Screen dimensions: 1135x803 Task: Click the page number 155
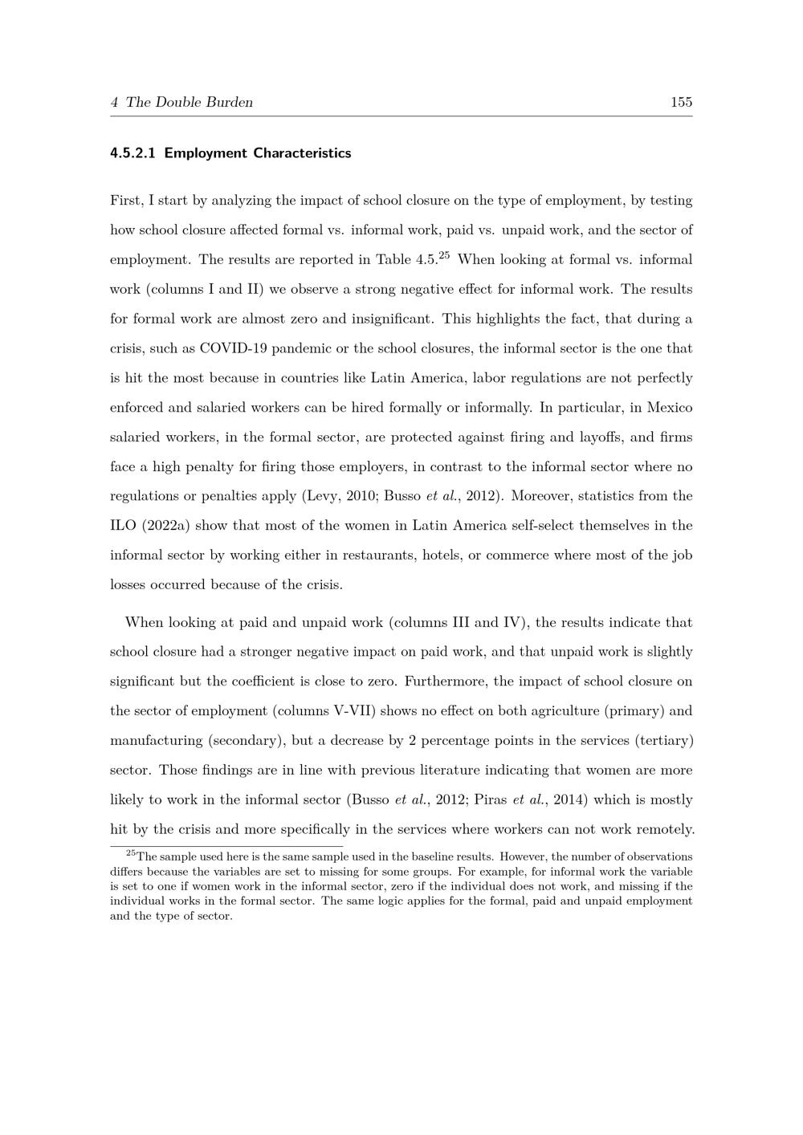[681, 102]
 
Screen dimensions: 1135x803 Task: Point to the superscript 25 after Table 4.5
[443, 256]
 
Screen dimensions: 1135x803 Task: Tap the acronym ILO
[122, 526]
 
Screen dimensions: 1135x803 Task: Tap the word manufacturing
[156, 741]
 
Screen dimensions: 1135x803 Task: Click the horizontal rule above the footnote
[226, 846]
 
